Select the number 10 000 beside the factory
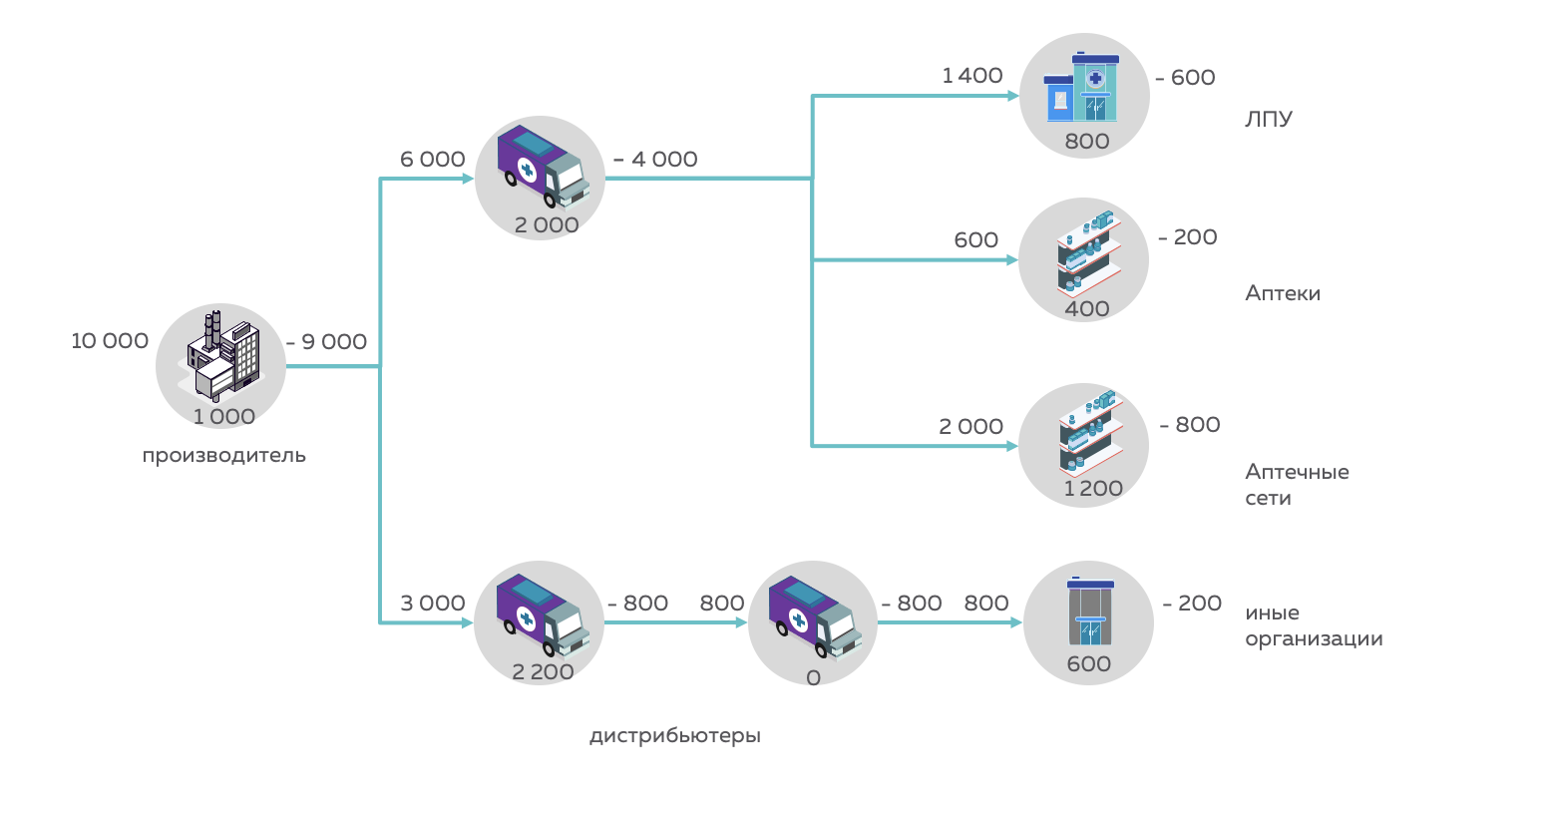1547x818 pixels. [x=110, y=341]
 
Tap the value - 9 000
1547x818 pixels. [x=326, y=342]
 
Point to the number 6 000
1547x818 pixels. [x=433, y=160]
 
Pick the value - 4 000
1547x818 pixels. [x=655, y=160]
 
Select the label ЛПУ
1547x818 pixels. [x=1269, y=119]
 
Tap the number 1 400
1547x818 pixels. [x=972, y=76]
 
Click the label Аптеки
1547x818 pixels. [x=1283, y=293]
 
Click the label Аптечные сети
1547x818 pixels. [x=1297, y=485]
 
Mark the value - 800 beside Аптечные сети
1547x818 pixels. [x=1190, y=425]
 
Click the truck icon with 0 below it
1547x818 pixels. [x=813, y=615]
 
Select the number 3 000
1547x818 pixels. [x=433, y=604]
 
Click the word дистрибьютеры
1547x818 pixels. [x=675, y=736]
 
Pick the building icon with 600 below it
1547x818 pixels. [x=1089, y=611]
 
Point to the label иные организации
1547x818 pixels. [x=1314, y=625]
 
